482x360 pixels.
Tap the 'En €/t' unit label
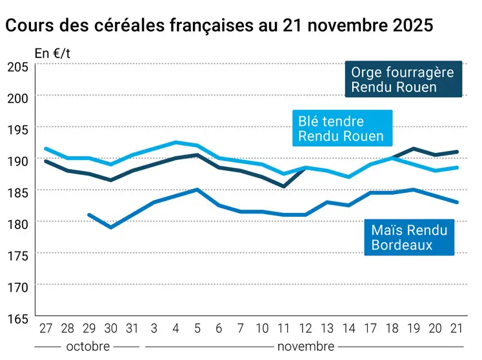(x=52, y=54)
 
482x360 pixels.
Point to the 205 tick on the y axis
(x=17, y=66)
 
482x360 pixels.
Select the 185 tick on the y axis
(x=17, y=192)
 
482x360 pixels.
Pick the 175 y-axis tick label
(x=17, y=255)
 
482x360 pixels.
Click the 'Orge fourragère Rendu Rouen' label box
(x=402, y=79)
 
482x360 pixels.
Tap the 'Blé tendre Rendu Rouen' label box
(x=341, y=129)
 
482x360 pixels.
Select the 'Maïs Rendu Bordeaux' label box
(x=408, y=237)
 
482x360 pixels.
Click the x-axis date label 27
(x=45, y=328)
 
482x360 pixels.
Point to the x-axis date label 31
(x=132, y=328)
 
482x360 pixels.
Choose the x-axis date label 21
(x=457, y=328)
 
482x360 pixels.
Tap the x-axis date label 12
(x=305, y=328)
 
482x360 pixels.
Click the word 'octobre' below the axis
(x=88, y=346)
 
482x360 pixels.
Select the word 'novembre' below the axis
(x=305, y=346)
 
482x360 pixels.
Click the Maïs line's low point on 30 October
(x=111, y=227)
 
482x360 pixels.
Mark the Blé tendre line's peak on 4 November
(x=176, y=143)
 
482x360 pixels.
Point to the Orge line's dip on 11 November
(x=284, y=186)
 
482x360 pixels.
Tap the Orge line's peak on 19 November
(x=414, y=148)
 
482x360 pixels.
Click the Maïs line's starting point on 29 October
(x=89, y=215)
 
